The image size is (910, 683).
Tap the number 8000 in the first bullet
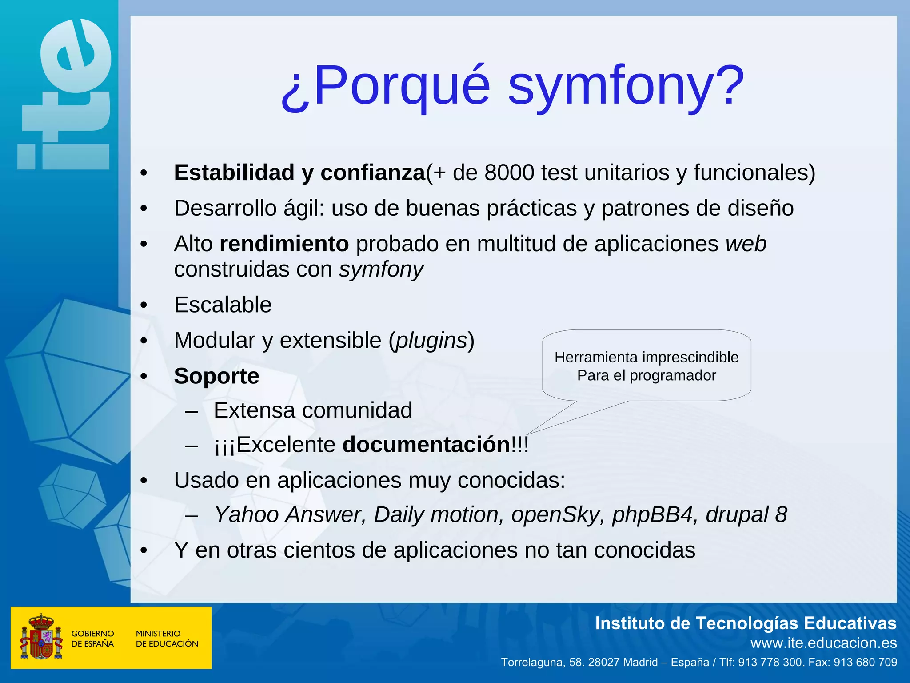509,173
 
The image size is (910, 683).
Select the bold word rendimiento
284,244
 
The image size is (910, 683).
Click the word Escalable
223,305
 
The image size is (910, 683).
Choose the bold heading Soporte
216,376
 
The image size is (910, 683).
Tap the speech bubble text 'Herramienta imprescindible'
647,357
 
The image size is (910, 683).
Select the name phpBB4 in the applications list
652,515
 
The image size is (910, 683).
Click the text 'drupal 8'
746,515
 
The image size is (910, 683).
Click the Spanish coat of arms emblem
41,637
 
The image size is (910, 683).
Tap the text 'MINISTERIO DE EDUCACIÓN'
167,639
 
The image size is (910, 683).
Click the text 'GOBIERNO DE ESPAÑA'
92,639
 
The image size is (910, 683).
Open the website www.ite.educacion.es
823,643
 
